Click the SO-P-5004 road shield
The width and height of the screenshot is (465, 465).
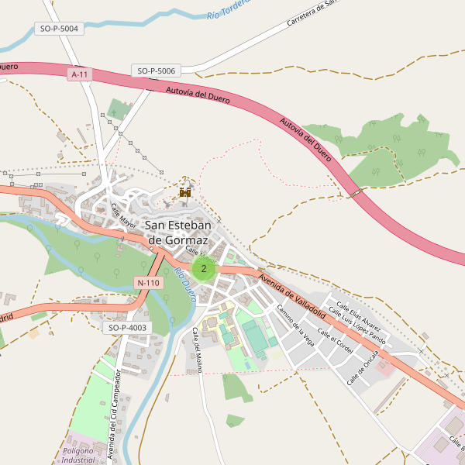point(58,29)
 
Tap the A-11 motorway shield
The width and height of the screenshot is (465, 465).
point(79,74)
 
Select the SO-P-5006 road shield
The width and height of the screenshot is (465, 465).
point(157,71)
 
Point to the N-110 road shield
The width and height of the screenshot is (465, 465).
point(147,283)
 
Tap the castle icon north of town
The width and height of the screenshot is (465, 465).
point(185,191)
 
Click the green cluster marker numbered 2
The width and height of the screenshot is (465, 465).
point(203,269)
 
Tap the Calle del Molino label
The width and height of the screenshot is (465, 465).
point(197,350)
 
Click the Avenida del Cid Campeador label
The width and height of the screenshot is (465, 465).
point(114,415)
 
